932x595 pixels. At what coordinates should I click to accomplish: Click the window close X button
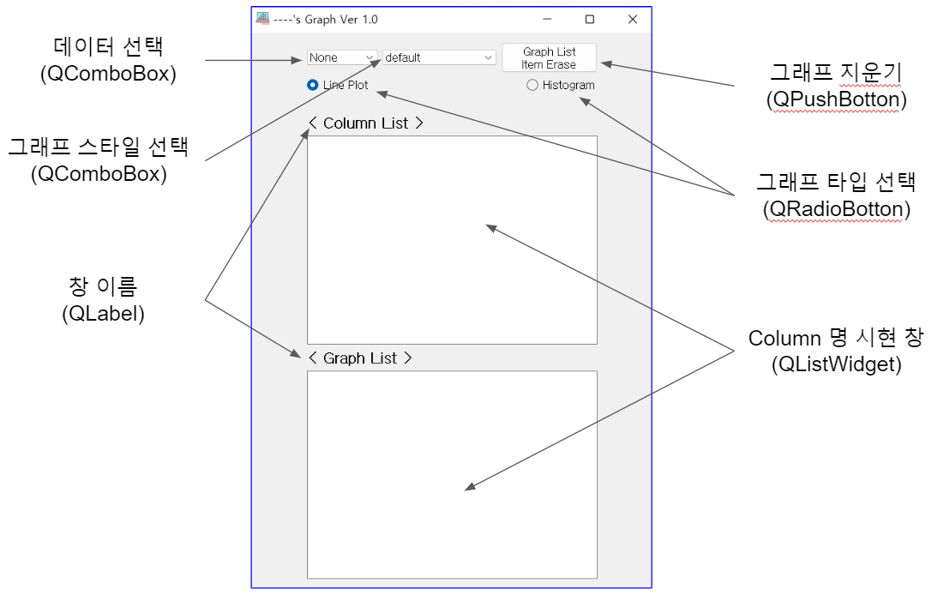tap(633, 19)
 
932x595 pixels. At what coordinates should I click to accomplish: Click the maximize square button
tap(590, 19)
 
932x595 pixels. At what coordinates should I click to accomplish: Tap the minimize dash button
tap(547, 19)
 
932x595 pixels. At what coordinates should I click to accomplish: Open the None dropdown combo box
tap(342, 57)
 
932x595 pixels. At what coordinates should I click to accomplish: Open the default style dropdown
tap(439, 57)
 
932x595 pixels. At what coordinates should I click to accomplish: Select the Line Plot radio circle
tap(313, 85)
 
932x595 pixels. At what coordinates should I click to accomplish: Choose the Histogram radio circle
tap(532, 85)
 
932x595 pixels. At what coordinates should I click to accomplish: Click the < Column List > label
tap(366, 123)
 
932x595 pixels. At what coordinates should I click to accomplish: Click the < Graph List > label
tap(360, 358)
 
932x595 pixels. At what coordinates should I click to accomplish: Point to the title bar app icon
tap(262, 18)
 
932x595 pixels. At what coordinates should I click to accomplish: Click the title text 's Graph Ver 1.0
tap(336, 20)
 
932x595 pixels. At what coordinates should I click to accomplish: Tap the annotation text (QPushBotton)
tap(836, 99)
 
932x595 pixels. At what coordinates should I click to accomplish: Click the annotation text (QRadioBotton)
tap(836, 209)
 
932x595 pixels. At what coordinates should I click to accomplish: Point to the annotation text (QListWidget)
tap(836, 364)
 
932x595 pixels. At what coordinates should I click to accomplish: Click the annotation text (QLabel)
tap(104, 313)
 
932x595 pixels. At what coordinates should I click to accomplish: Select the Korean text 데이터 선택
tap(108, 46)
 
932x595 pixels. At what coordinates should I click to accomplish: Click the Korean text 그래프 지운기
tap(836, 73)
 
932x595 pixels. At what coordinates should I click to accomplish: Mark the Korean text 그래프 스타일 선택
tap(99, 147)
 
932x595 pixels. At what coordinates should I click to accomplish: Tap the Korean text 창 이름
tap(104, 286)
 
